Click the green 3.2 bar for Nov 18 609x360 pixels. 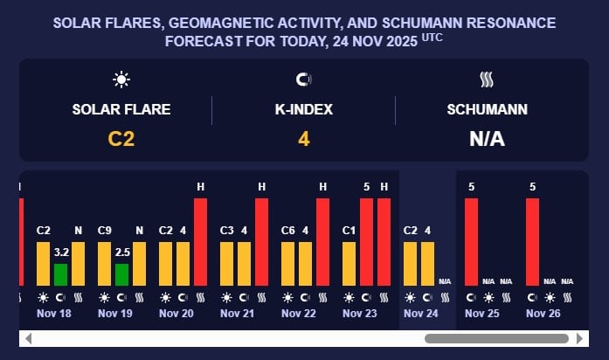point(60,274)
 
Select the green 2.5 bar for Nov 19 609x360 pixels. point(121,274)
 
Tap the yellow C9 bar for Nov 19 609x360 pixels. point(104,263)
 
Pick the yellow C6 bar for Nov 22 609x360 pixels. point(287,263)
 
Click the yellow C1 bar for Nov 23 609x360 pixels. point(349,263)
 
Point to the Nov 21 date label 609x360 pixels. point(236,313)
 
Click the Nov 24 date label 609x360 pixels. point(419,313)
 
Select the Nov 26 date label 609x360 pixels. point(543,313)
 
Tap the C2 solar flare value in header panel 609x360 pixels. point(121,138)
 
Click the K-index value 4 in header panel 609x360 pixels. point(304,138)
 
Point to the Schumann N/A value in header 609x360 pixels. point(487,138)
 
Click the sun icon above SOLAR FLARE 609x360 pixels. point(121,80)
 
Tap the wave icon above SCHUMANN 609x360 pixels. point(487,80)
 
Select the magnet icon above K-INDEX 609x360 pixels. point(304,80)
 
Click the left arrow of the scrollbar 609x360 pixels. point(28,338)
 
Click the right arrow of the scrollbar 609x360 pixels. point(579,338)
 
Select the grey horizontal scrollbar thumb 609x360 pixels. point(496,338)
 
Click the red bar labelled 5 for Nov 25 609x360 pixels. point(472,241)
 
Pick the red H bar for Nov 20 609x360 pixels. point(200,241)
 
